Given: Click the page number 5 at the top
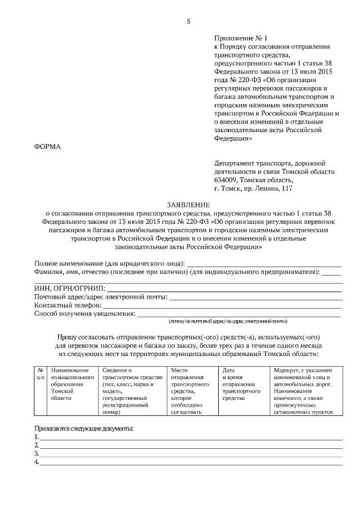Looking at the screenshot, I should (x=188, y=22).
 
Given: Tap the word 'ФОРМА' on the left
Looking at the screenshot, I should (x=48, y=147).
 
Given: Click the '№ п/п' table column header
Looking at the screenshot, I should (x=40, y=374).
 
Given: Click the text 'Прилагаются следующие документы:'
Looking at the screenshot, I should (x=84, y=428).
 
